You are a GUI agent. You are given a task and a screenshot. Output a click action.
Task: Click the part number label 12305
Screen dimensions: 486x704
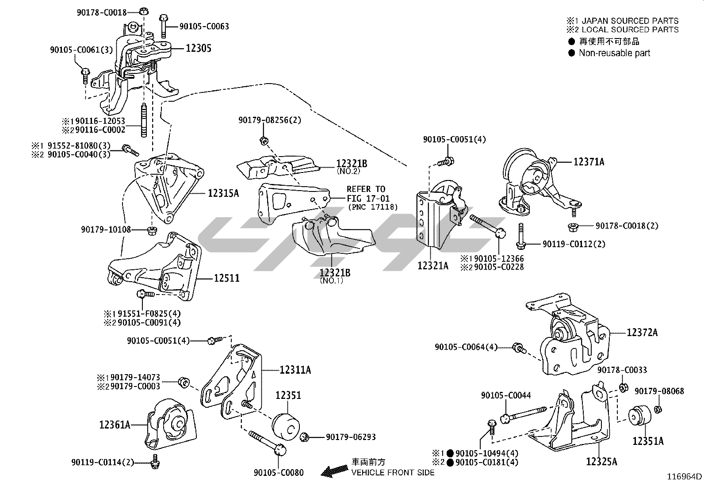198,48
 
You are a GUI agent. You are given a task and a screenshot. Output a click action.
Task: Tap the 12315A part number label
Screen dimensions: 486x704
223,193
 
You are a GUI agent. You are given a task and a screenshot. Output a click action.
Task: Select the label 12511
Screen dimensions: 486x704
227,278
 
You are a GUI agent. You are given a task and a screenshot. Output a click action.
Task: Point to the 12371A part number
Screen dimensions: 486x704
589,162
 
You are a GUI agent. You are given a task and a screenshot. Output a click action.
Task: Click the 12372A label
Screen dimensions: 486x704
642,332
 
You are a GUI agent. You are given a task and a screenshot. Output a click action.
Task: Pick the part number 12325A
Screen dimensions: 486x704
601,462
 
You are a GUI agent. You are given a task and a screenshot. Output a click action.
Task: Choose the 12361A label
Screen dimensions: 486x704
115,425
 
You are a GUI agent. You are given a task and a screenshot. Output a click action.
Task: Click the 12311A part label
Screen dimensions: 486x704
295,370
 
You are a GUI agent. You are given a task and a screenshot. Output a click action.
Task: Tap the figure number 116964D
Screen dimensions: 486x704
685,477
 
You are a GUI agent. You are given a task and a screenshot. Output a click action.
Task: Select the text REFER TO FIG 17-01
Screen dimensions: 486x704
366,194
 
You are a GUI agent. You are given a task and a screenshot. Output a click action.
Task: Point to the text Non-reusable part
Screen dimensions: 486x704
614,53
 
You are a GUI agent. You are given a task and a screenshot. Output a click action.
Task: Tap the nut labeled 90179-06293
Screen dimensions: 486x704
304,438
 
